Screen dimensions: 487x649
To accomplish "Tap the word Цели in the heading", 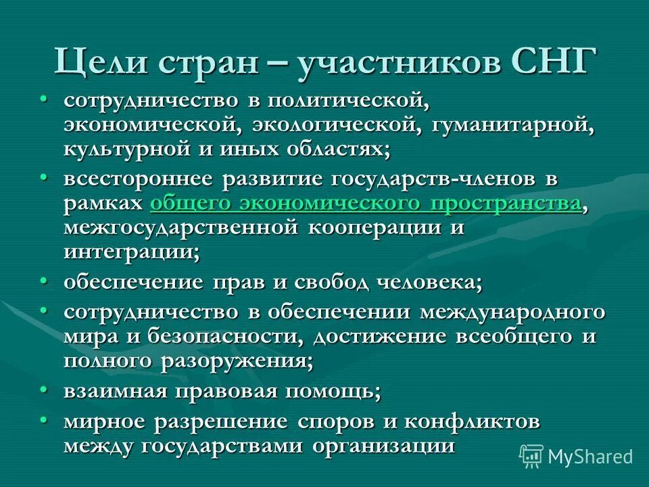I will [101, 63].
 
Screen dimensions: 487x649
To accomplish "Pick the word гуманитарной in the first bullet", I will [508, 126].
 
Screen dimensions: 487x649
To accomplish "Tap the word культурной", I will [126, 149].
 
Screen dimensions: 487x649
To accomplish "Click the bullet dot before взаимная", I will [43, 390].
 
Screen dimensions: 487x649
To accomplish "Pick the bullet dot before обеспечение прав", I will [43, 281].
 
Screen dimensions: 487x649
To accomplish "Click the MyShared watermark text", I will [590, 457].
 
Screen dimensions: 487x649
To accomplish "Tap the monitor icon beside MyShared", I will [531, 457].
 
